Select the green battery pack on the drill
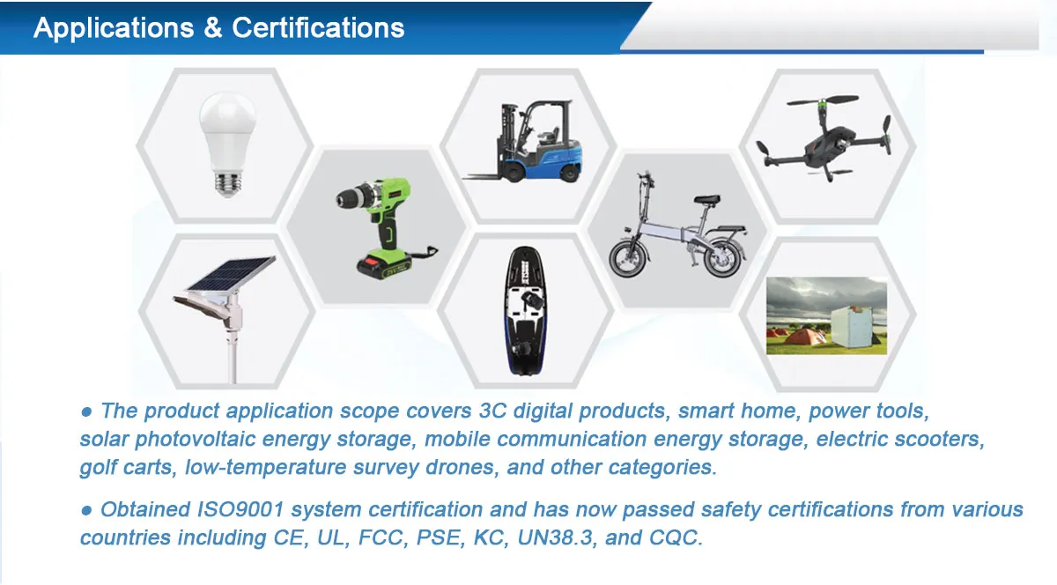tap(384, 262)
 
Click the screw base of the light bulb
tap(228, 181)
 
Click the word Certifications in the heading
tap(319, 28)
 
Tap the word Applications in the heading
tap(113, 28)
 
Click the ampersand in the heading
tap(213, 28)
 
